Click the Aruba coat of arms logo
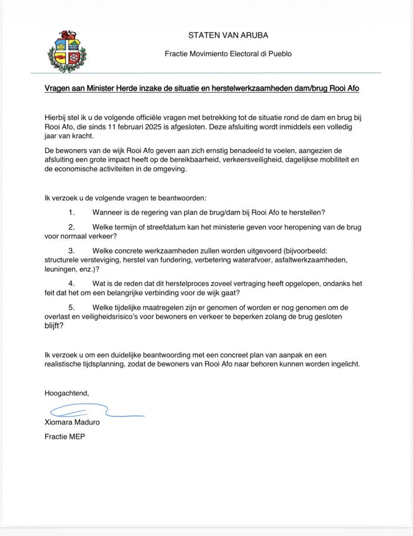(x=67, y=51)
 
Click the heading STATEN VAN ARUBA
(x=228, y=35)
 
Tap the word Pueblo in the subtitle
(x=280, y=54)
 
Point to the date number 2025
(x=154, y=127)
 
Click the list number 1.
(x=71, y=212)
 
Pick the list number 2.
(x=71, y=227)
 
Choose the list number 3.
(x=71, y=251)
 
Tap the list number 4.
(x=71, y=283)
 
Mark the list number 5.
(x=71, y=307)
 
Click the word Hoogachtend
(x=66, y=393)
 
